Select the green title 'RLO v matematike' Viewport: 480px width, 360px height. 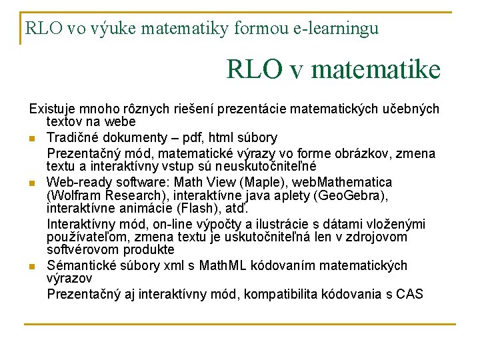tap(333, 69)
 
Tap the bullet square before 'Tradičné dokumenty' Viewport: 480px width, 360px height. tap(31, 139)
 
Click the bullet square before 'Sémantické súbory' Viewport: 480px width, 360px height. tap(31, 267)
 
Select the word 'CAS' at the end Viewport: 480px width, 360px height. tap(410, 294)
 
